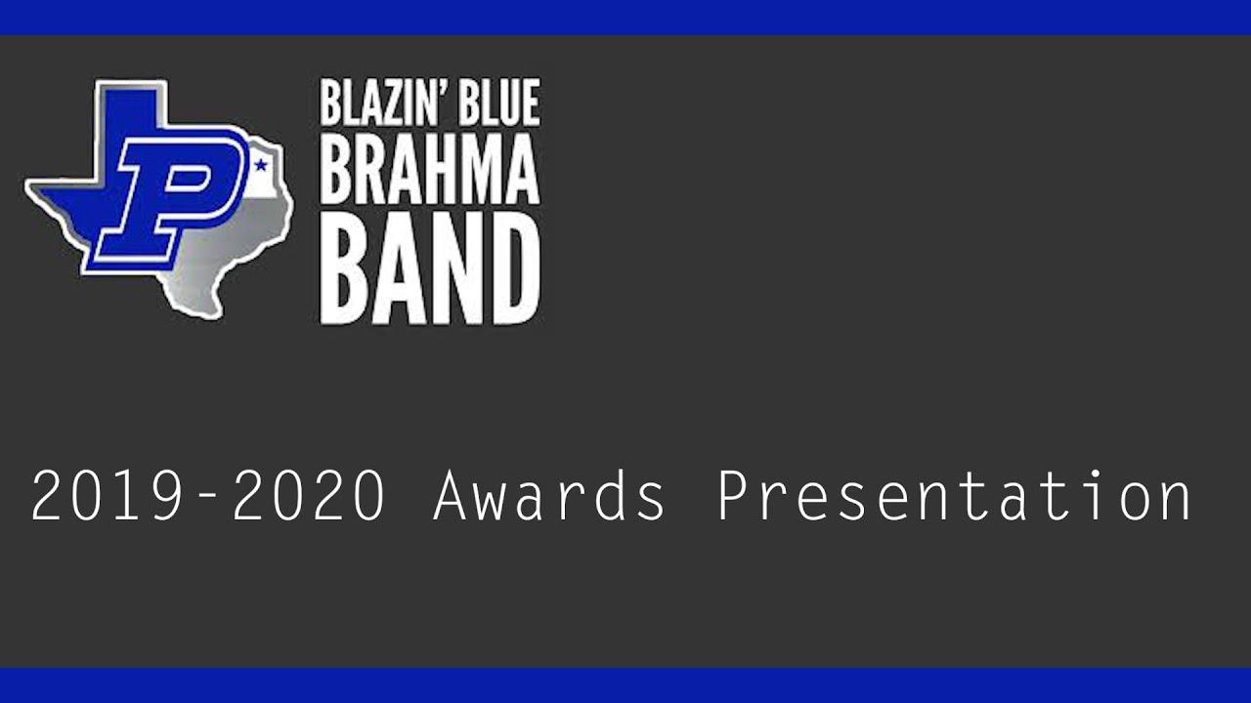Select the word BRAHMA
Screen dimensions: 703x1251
[429, 172]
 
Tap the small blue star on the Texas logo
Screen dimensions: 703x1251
[261, 165]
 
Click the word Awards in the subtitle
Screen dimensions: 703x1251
[549, 496]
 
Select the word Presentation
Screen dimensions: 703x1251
[954, 496]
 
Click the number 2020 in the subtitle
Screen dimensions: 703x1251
[309, 496]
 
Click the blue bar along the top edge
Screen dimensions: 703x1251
[625, 17]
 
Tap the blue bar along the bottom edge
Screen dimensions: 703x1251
[625, 685]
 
